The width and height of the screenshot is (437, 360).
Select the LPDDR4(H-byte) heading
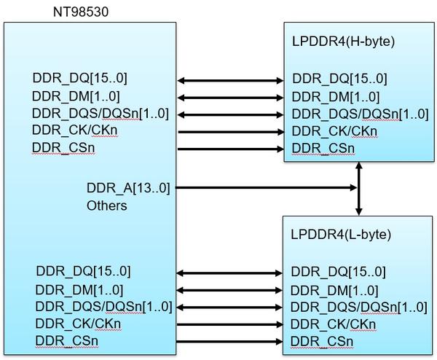click(342, 42)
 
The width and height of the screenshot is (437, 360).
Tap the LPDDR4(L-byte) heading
click(341, 235)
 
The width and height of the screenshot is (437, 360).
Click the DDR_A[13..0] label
click(128, 189)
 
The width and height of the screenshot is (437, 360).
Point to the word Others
click(107, 206)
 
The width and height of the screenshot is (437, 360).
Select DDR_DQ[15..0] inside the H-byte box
click(339, 79)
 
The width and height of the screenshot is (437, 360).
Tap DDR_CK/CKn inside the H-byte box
click(334, 132)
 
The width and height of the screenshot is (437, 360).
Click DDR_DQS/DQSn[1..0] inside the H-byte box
click(350, 114)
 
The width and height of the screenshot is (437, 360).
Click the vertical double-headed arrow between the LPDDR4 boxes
click(359, 188)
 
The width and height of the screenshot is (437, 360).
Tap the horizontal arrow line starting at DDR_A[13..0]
click(267, 188)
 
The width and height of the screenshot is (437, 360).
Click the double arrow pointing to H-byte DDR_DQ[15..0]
click(231, 79)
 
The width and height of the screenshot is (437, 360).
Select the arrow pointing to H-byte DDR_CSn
click(231, 149)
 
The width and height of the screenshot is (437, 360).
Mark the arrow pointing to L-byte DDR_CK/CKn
click(231, 325)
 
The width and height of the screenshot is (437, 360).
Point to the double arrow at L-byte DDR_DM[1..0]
click(231, 290)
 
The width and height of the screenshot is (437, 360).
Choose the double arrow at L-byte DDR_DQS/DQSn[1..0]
click(231, 308)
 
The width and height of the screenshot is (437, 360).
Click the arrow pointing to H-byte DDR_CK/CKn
click(231, 132)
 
